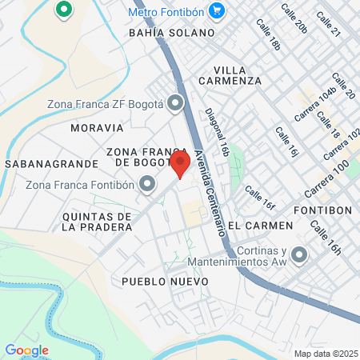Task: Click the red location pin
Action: point(180,164)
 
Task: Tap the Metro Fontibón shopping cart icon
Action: point(215,10)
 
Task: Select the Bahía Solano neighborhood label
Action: point(172,33)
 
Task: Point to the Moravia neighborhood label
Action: point(97,127)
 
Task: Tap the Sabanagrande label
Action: point(51,163)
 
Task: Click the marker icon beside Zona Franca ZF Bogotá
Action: point(176,103)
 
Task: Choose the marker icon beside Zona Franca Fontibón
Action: point(147,186)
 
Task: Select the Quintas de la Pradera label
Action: point(96,222)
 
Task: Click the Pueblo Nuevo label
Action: point(166,282)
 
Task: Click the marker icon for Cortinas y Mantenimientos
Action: point(300,254)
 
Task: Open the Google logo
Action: point(26,350)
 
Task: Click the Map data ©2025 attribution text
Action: point(326,354)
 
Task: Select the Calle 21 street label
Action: point(329,25)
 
